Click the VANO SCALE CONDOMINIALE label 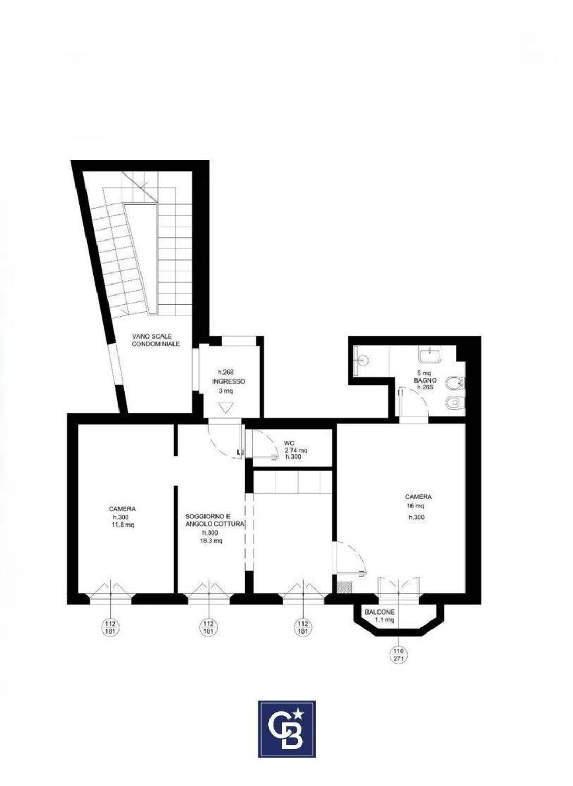tap(156, 340)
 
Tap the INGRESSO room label tap(229, 381)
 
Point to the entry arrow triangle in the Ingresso tap(225, 408)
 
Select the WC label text tap(290, 443)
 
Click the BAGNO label tap(425, 380)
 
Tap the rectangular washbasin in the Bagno tap(430, 355)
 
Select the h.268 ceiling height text tap(226, 372)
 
